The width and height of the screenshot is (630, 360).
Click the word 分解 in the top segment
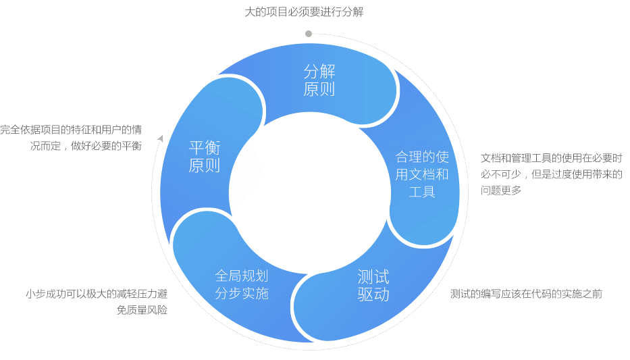click(x=319, y=72)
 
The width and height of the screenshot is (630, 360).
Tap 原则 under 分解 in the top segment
click(x=319, y=89)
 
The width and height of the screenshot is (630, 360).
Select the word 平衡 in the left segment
click(x=204, y=148)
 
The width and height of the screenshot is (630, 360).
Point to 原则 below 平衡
click(x=204, y=165)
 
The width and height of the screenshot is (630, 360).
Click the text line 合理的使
click(x=422, y=157)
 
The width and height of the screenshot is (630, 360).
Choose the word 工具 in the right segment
click(x=422, y=192)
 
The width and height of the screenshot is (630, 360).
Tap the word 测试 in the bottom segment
click(x=373, y=277)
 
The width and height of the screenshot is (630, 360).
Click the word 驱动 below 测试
click(x=373, y=294)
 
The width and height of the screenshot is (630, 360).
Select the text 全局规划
click(x=241, y=276)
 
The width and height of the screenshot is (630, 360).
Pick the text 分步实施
click(x=241, y=293)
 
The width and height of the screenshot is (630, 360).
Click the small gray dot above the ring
click(x=309, y=34)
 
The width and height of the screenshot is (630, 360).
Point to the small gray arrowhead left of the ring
click(x=160, y=138)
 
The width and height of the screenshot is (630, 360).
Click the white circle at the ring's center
click(x=310, y=193)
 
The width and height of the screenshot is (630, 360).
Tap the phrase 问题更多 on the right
click(x=501, y=190)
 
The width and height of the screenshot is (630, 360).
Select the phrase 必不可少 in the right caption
click(x=500, y=174)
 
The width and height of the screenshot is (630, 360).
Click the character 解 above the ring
click(x=359, y=12)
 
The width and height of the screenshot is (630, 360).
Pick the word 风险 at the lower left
click(x=158, y=310)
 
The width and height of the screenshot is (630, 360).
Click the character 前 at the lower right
click(x=596, y=294)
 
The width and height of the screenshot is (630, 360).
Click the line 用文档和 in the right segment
click(x=422, y=174)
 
